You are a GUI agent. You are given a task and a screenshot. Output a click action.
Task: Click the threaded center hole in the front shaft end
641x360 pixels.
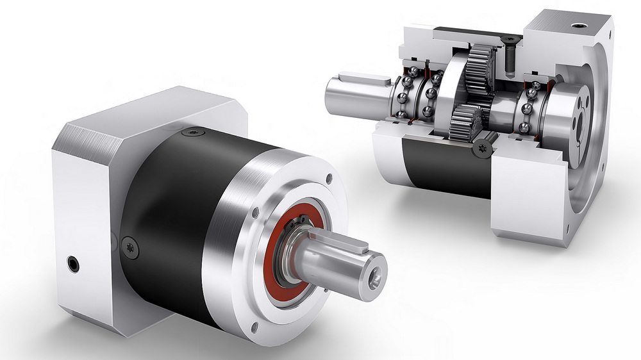pyautogui.click(x=375, y=279)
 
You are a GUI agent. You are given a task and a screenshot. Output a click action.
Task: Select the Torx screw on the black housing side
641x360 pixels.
pyautogui.click(x=130, y=247)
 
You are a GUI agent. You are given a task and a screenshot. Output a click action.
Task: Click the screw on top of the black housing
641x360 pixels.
pyautogui.click(x=192, y=133)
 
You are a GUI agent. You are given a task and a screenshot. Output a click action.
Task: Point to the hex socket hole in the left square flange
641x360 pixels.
pyautogui.click(x=74, y=263)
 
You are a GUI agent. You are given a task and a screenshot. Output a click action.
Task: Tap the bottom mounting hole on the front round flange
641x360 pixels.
pyautogui.click(x=254, y=327)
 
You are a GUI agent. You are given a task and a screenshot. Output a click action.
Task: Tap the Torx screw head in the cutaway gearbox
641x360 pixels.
pyautogui.click(x=483, y=149)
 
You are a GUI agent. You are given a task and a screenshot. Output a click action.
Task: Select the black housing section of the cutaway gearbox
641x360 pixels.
pyautogui.click(x=442, y=170)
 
